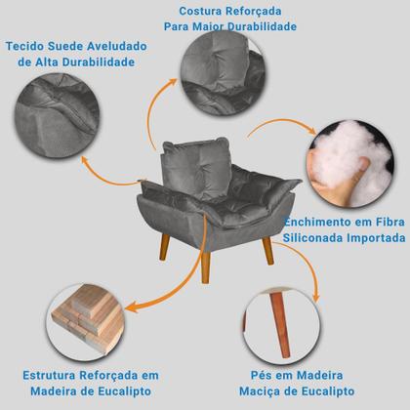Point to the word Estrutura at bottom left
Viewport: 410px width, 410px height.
(x=49, y=375)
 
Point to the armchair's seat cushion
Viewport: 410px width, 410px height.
(x=205, y=195)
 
